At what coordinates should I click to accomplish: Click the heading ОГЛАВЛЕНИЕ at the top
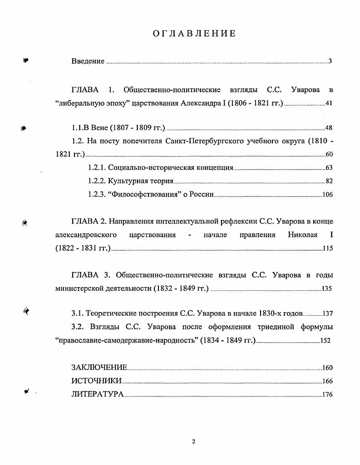tap(193, 33)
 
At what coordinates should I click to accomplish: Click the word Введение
tap(88, 61)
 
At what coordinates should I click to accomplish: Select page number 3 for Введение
tap(330, 61)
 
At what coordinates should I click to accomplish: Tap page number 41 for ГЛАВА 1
tap(329, 103)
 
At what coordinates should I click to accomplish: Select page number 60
tap(329, 154)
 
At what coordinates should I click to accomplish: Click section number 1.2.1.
tap(96, 168)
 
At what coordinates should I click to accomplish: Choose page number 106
tap(327, 195)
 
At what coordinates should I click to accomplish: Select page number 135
tap(327, 288)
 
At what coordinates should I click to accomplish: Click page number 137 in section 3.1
tap(327, 313)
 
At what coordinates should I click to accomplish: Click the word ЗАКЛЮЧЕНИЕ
tap(99, 368)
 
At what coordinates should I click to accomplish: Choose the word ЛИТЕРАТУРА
tap(97, 394)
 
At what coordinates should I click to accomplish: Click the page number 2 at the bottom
tap(193, 442)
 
